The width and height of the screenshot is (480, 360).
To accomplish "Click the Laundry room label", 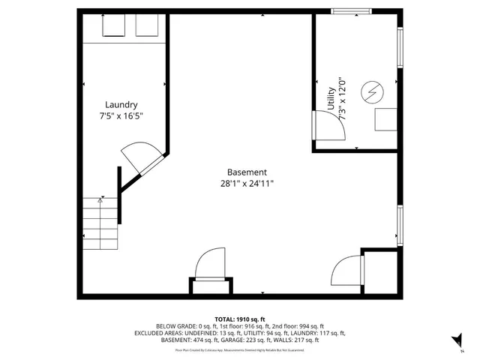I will pos(121,105).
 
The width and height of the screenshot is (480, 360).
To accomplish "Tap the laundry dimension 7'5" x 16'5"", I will pos(121,116).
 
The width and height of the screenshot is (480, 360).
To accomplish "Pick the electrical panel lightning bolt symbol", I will pos(371,93).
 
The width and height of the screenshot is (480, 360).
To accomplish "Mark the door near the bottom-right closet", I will pos(346,269).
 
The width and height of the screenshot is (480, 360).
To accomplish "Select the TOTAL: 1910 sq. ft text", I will pos(240,319).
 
